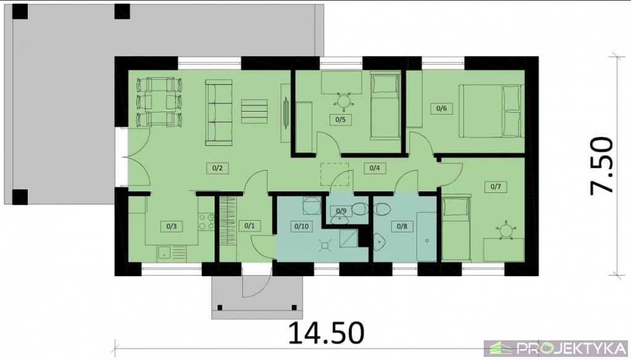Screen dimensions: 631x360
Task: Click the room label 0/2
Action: [x=218, y=168]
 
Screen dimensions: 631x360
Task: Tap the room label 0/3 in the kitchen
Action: [x=171, y=226]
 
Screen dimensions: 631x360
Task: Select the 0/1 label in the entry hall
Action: [x=250, y=226]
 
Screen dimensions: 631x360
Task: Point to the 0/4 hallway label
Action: [x=375, y=168]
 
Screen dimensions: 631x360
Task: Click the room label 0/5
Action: [x=340, y=120]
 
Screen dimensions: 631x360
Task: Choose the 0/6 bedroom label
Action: [x=441, y=108]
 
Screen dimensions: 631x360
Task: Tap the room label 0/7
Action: [x=496, y=187]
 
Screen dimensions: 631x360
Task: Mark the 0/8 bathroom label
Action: [x=402, y=226]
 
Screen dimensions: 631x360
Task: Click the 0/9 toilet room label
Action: [x=341, y=211]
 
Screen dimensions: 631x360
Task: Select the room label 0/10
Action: [x=301, y=226]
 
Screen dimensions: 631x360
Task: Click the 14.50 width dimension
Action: [x=326, y=333]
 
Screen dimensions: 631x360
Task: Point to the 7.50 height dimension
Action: [x=603, y=166]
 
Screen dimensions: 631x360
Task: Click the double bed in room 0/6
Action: [x=492, y=111]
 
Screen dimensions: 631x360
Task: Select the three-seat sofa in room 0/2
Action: [x=219, y=112]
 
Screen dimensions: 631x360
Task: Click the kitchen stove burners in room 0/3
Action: [x=207, y=222]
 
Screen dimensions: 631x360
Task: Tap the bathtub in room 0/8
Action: [x=426, y=236]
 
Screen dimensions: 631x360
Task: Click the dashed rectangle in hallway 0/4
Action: [x=335, y=174]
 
